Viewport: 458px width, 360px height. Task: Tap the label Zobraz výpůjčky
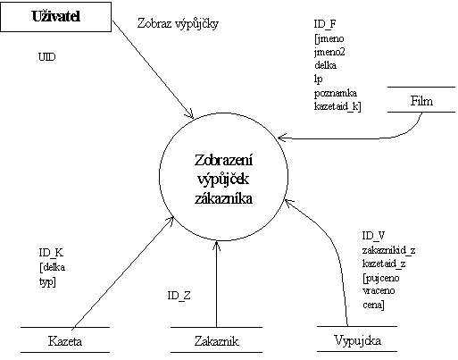coord(178,24)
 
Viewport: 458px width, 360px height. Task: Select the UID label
coord(47,57)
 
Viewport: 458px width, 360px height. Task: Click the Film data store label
coord(421,101)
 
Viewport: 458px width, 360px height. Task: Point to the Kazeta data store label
coord(65,341)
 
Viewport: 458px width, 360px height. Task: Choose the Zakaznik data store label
coord(217,341)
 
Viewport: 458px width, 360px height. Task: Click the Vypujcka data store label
coord(357,340)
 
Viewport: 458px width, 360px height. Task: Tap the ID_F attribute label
coord(325,24)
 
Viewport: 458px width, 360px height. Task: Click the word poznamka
coord(336,93)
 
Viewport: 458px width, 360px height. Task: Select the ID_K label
coord(51,253)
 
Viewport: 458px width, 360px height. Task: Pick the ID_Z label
coord(179,296)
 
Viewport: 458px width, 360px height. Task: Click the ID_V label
coord(374,236)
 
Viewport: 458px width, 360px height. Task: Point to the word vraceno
coord(379,291)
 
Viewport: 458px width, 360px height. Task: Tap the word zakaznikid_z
coord(388,250)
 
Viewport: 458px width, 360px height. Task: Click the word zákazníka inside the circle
coord(223,198)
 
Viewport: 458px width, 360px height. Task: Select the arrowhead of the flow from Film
coord(281,138)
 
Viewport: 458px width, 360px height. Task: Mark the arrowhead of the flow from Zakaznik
coord(217,245)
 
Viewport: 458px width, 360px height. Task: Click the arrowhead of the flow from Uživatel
coord(191,115)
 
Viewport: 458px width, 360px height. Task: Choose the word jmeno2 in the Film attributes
coord(329,53)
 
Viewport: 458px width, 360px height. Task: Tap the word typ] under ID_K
coord(47,281)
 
